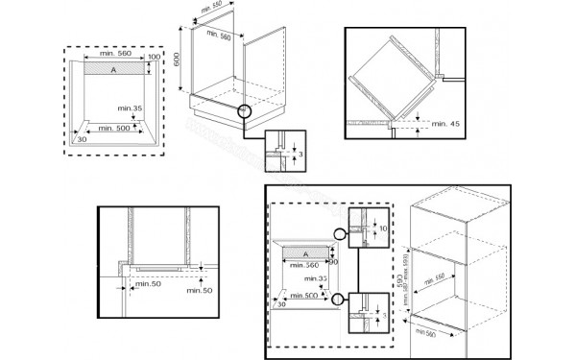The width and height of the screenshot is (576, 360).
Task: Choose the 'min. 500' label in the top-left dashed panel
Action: click(110, 126)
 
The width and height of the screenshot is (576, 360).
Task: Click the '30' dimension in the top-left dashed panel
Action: click(83, 139)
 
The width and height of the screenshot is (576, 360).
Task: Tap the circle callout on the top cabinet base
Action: click(246, 110)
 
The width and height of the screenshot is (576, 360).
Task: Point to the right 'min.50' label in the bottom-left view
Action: click(200, 290)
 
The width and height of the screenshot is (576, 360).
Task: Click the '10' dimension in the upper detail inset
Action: click(380, 228)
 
